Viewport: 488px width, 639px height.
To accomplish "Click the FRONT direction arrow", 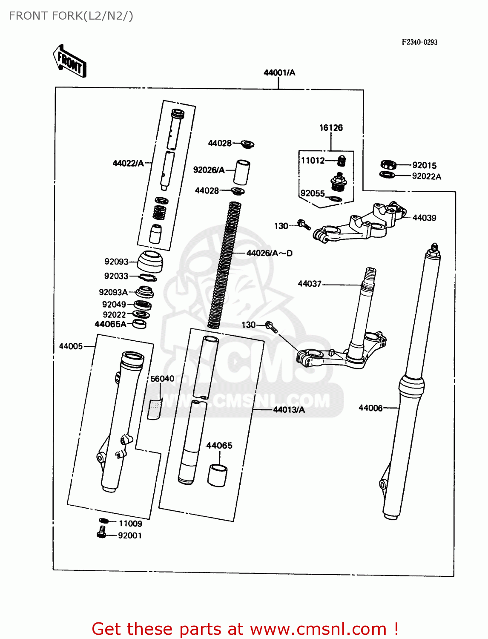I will tap(70, 61).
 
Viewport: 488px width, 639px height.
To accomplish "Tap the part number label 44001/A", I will tap(279, 72).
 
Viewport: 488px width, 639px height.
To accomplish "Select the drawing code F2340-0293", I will tap(419, 42).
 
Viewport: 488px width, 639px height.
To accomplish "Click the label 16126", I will tap(331, 127).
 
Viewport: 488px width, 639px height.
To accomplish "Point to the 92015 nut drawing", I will tap(388, 164).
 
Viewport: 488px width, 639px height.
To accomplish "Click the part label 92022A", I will tap(426, 176).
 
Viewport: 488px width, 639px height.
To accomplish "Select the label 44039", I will tap(424, 218).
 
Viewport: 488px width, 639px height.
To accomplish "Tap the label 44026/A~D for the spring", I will tap(270, 253).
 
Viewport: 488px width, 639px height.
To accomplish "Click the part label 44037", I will tap(310, 283).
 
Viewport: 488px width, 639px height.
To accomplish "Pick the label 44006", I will tap(370, 408).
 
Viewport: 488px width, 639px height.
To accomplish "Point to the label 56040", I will tap(162, 379).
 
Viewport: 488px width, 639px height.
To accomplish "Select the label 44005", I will tap(71, 346).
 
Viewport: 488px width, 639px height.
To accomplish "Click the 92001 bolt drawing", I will tap(101, 532).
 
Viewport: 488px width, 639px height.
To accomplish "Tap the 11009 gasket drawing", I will tap(103, 521).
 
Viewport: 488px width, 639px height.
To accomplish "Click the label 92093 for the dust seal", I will tap(116, 262).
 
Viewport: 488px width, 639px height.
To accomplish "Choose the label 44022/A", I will tap(128, 163).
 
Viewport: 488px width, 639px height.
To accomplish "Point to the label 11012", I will tap(313, 160).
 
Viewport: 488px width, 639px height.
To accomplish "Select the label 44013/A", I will tap(289, 409).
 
